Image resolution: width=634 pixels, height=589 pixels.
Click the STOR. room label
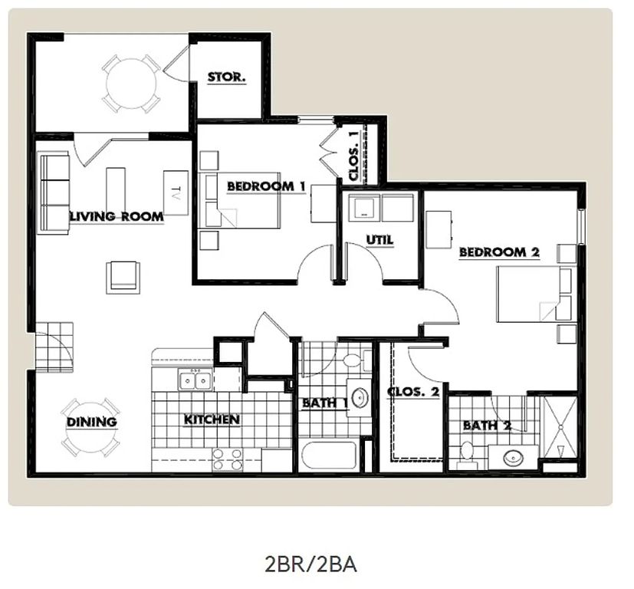coord(226,77)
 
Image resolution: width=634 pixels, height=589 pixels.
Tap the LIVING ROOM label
coord(117,216)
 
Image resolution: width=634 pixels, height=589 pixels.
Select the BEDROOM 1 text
coord(266,186)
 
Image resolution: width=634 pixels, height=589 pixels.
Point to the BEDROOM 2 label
coord(499,252)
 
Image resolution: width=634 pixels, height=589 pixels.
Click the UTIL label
coord(379,240)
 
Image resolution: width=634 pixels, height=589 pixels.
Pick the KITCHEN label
coord(212,420)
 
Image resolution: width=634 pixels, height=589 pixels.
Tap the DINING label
coord(92,422)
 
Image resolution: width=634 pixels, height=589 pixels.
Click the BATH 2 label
coord(488,426)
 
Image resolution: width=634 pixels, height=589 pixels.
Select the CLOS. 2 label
coord(413,392)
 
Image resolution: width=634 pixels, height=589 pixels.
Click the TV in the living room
coord(176,193)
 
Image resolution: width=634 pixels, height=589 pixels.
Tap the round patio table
coord(130,84)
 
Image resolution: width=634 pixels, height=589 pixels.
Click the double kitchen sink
coord(195,380)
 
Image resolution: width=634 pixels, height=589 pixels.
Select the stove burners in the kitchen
coord(227,460)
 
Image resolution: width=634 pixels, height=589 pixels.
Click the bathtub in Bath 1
coord(330,456)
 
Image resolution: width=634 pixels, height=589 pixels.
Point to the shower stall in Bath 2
coord(560,427)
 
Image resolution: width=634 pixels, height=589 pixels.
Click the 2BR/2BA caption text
coord(310,564)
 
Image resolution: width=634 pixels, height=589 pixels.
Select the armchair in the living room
coord(123,278)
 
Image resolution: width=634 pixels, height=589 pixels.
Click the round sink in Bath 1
coord(360,398)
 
